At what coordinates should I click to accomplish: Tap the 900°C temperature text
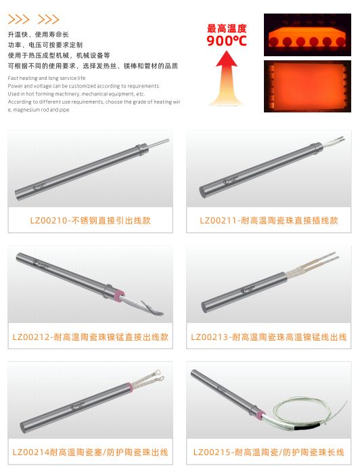[227, 41]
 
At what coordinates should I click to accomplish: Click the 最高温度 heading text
[227, 28]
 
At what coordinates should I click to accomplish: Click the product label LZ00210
[90, 221]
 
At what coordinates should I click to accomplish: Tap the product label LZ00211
[269, 221]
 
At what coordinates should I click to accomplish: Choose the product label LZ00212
[90, 337]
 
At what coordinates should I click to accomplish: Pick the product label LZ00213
[269, 337]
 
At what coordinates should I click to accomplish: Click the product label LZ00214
[90, 452]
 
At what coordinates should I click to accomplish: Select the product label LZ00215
[269, 452]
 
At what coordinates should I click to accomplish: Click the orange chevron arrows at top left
[33, 20]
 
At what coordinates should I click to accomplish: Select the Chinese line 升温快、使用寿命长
[38, 34]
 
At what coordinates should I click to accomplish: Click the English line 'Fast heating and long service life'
[47, 79]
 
